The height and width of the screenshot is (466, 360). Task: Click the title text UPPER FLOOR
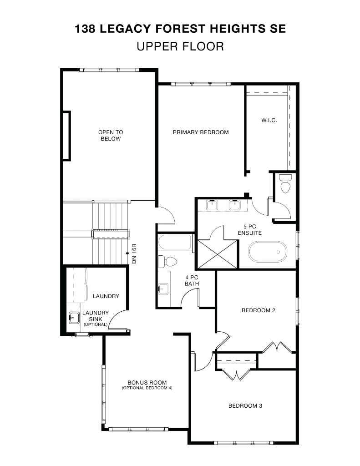(x=180, y=46)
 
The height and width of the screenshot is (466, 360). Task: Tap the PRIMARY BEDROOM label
(x=200, y=132)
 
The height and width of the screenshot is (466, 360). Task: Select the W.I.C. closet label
(x=269, y=121)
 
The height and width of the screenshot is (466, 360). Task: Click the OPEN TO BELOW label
(x=111, y=136)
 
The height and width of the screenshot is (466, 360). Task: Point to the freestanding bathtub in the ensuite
(x=268, y=252)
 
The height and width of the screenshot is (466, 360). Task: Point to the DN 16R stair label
(x=134, y=254)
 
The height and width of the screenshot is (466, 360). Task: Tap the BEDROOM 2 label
(x=258, y=311)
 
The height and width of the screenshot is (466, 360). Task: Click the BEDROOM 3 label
(x=245, y=406)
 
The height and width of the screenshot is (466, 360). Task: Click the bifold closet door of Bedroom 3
(x=236, y=375)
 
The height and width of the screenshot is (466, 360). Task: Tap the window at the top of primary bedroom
(x=201, y=84)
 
